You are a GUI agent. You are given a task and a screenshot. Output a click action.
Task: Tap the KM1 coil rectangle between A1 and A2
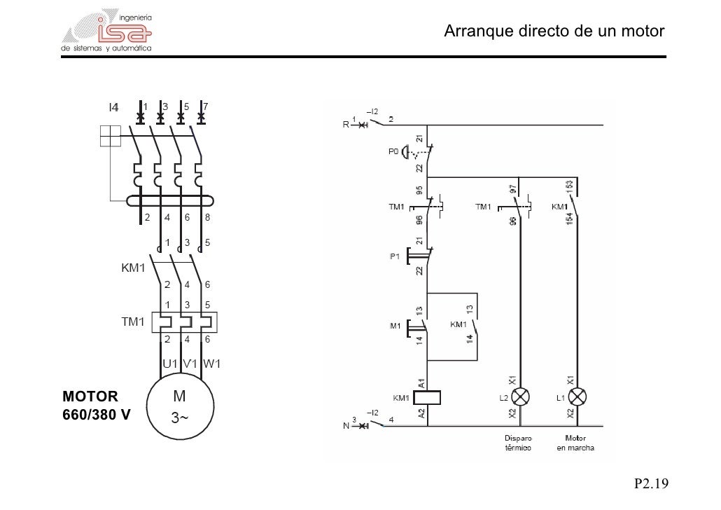[x=427, y=397]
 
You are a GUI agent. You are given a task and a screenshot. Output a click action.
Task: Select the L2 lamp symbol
[x=518, y=397]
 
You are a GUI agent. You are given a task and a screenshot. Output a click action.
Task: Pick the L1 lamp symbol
[x=577, y=397]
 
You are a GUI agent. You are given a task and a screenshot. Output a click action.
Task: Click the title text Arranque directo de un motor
[x=554, y=32]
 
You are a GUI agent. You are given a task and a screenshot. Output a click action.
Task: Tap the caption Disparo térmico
[x=518, y=443]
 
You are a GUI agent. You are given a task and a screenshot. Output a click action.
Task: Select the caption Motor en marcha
[x=575, y=443]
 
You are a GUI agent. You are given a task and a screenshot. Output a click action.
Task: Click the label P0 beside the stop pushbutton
[x=393, y=151]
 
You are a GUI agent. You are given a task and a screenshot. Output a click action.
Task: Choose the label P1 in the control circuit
[x=393, y=256]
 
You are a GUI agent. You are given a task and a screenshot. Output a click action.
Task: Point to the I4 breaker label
[x=113, y=107]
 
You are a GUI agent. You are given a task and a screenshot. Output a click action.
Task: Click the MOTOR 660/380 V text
[x=97, y=404]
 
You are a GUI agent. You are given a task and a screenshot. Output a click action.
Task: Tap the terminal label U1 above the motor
[x=169, y=364]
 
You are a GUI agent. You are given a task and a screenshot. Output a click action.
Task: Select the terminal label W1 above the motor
[x=212, y=364]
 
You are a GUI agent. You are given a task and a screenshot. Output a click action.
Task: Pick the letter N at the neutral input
[x=346, y=426]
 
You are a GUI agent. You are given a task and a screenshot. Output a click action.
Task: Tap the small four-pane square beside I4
[x=111, y=136]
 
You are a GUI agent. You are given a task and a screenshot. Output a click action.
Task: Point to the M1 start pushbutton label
[x=394, y=326]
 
